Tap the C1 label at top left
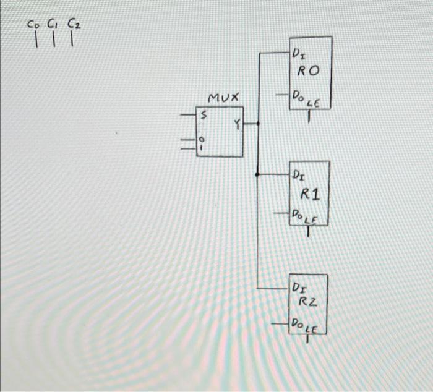coord(52,25)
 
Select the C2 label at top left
coord(74,25)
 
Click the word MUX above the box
coord(224,98)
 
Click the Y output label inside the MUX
coord(236,124)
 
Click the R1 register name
coord(310,195)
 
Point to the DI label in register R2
coord(299,288)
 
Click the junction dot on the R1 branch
coord(257,175)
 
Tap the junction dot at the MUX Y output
coord(257,124)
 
